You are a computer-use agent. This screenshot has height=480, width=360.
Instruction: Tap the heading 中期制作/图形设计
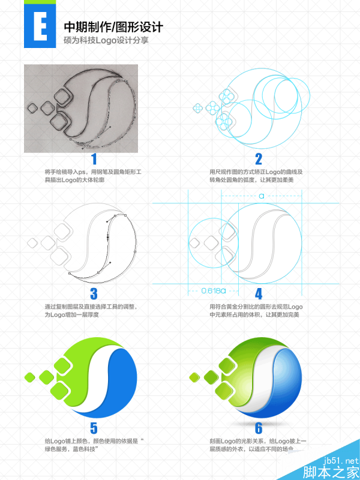tap(113, 28)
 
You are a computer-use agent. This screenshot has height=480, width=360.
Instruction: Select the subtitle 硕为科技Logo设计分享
tap(106, 40)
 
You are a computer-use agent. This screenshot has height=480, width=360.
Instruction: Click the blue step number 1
tap(94, 160)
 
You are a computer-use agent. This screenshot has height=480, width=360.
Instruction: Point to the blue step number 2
tap(259, 160)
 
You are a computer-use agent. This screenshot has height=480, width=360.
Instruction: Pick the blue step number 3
tap(94, 294)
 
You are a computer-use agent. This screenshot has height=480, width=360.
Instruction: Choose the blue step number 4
tap(259, 294)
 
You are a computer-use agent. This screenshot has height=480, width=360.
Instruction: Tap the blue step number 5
tap(94, 428)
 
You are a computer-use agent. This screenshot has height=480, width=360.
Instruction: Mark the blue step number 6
tap(259, 428)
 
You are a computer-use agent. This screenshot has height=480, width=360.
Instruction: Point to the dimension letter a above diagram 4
tap(262, 196)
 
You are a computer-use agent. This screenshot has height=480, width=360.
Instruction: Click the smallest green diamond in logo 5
tap(29, 377)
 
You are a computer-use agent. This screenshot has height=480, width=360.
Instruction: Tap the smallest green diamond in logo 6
tap(194, 377)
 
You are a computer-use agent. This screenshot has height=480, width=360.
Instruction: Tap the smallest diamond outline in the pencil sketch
tap(32, 108)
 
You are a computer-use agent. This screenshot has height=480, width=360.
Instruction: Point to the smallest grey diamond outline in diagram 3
tap(32, 243)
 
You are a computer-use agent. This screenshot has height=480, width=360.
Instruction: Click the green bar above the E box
tap(40, 2)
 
